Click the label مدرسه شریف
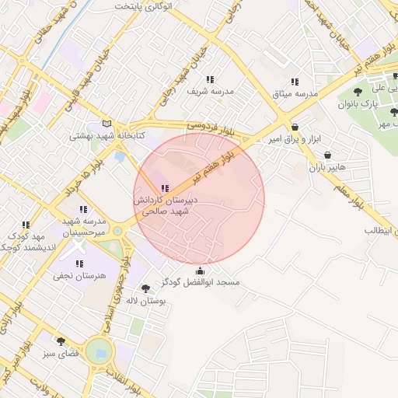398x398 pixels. pyautogui.click(x=210, y=92)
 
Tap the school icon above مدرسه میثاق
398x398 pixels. pyautogui.click(x=295, y=82)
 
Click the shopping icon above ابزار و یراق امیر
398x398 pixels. pyautogui.click(x=294, y=127)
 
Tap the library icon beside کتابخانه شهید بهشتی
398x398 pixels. pyautogui.click(x=106, y=124)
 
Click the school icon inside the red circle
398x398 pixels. pyautogui.click(x=164, y=188)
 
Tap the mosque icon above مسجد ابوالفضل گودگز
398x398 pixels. pyautogui.click(x=201, y=271)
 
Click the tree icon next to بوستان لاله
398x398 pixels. pyautogui.click(x=145, y=288)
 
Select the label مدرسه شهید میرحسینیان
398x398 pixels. pyautogui.click(x=82, y=226)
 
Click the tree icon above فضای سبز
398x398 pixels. pyautogui.click(x=61, y=340)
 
